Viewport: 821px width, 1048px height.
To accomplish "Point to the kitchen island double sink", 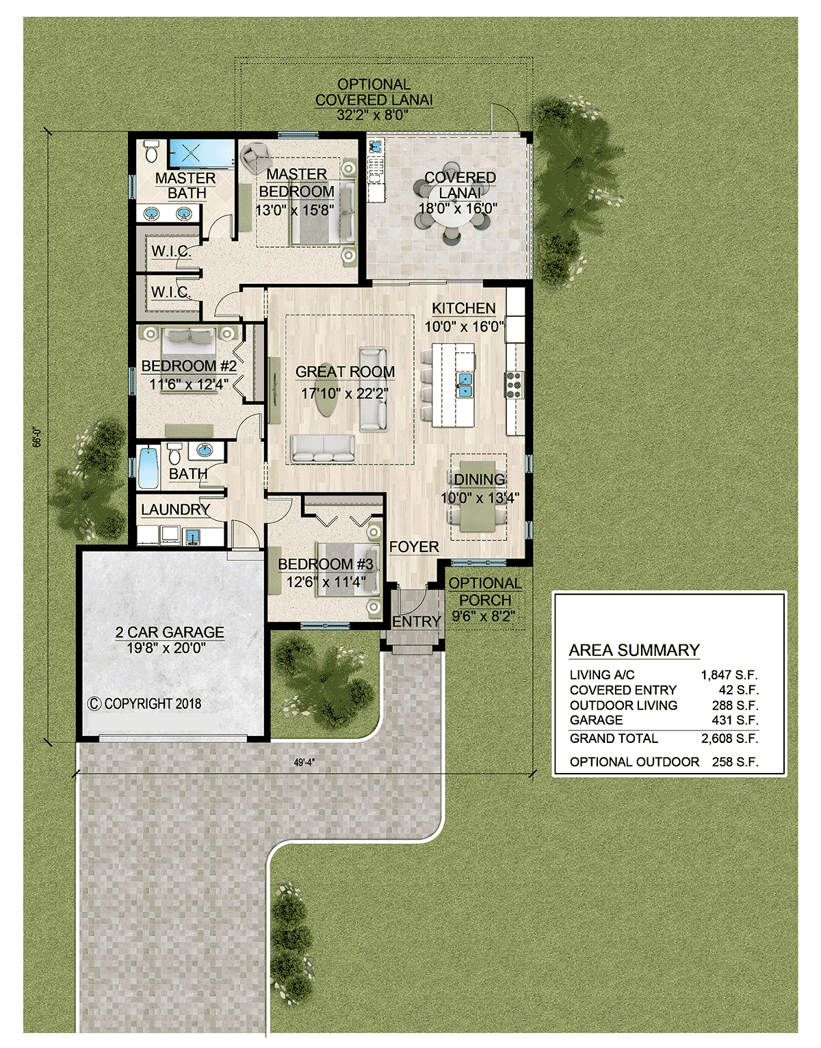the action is point(465,384).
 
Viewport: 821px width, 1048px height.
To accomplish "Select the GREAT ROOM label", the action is point(345,372).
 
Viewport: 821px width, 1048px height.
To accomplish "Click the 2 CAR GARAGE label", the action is point(169,632).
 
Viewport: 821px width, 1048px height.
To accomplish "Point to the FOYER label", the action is point(414,547).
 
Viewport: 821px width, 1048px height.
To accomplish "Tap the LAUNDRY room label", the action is point(175,509).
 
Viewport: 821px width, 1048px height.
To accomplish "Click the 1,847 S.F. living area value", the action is point(729,674).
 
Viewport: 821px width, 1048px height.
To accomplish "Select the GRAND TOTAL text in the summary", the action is point(614,738).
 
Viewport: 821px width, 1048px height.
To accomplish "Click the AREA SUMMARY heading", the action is point(634,650).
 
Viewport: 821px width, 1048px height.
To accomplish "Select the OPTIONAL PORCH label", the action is point(485,591).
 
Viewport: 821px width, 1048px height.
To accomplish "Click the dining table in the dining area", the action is point(478,496).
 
